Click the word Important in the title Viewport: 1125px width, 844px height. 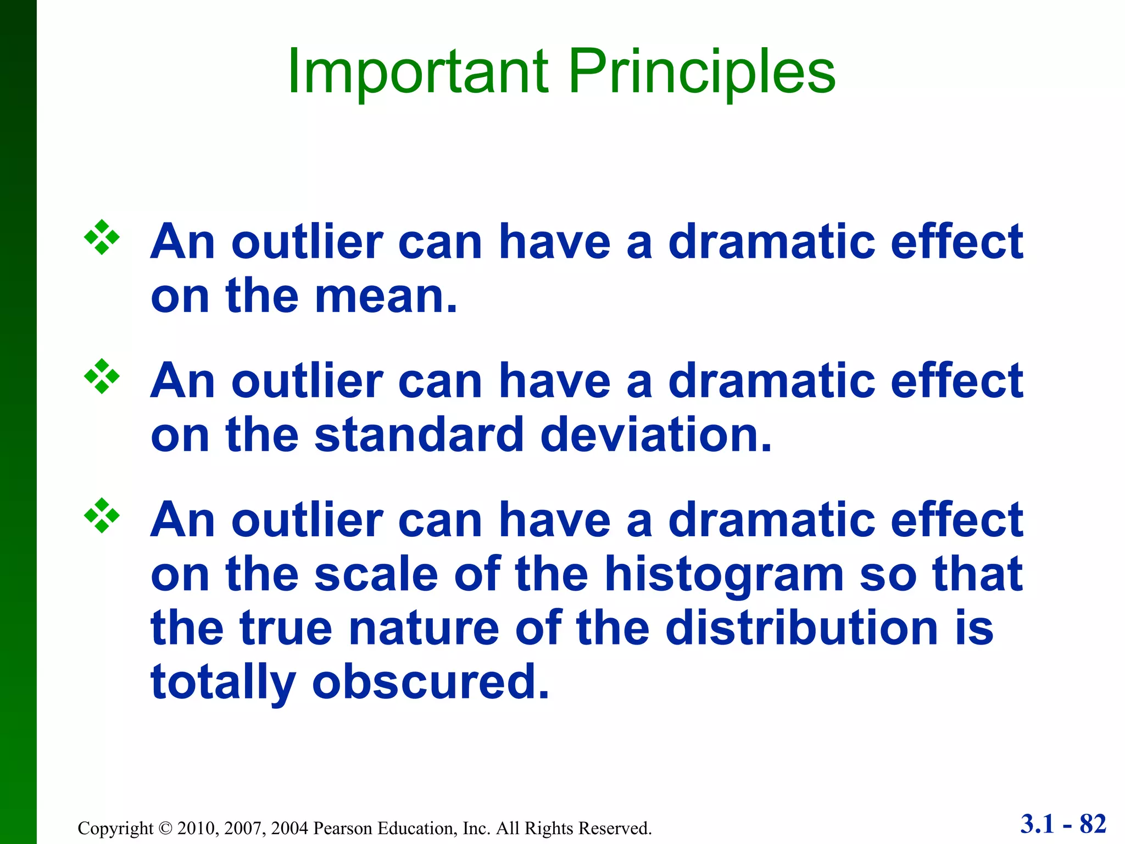click(417, 71)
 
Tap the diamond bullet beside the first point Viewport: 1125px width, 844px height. click(102, 237)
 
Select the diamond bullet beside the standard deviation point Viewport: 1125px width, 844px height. click(102, 376)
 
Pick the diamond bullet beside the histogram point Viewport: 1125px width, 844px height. click(102, 515)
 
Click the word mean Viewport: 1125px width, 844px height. click(386, 298)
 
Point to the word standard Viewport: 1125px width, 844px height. click(419, 435)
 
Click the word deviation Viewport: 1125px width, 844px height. click(656, 435)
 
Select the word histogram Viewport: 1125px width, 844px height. click(724, 575)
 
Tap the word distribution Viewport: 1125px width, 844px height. click(801, 629)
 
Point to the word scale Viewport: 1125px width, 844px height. click(376, 575)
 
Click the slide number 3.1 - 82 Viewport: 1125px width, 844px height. click(1063, 824)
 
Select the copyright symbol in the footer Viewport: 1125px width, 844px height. click(165, 828)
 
